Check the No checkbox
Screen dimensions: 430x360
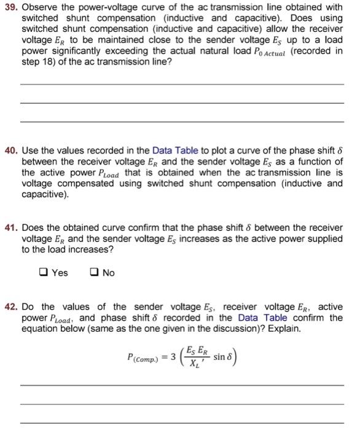point(95,273)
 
